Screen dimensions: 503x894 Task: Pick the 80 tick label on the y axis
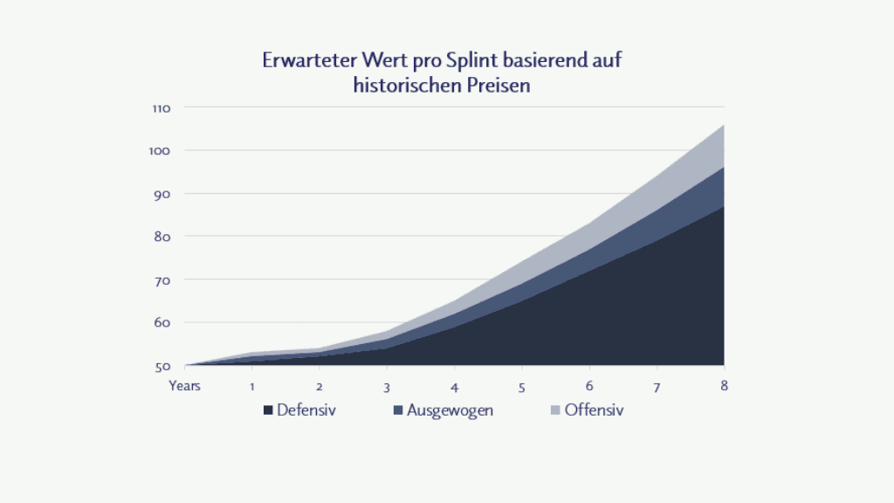162,237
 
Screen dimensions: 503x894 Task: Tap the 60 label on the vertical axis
162,322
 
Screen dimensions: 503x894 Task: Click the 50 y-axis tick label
162,365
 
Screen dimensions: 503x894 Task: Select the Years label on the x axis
185,386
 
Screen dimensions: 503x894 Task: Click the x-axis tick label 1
252,386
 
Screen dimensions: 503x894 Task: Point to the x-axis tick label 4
455,386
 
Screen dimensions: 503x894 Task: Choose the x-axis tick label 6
589,386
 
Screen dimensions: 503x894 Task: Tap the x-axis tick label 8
724,386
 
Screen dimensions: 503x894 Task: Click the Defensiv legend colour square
267,410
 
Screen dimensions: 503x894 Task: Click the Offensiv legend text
594,410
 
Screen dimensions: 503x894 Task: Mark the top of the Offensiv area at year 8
724,125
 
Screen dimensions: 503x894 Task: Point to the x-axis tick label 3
387,386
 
